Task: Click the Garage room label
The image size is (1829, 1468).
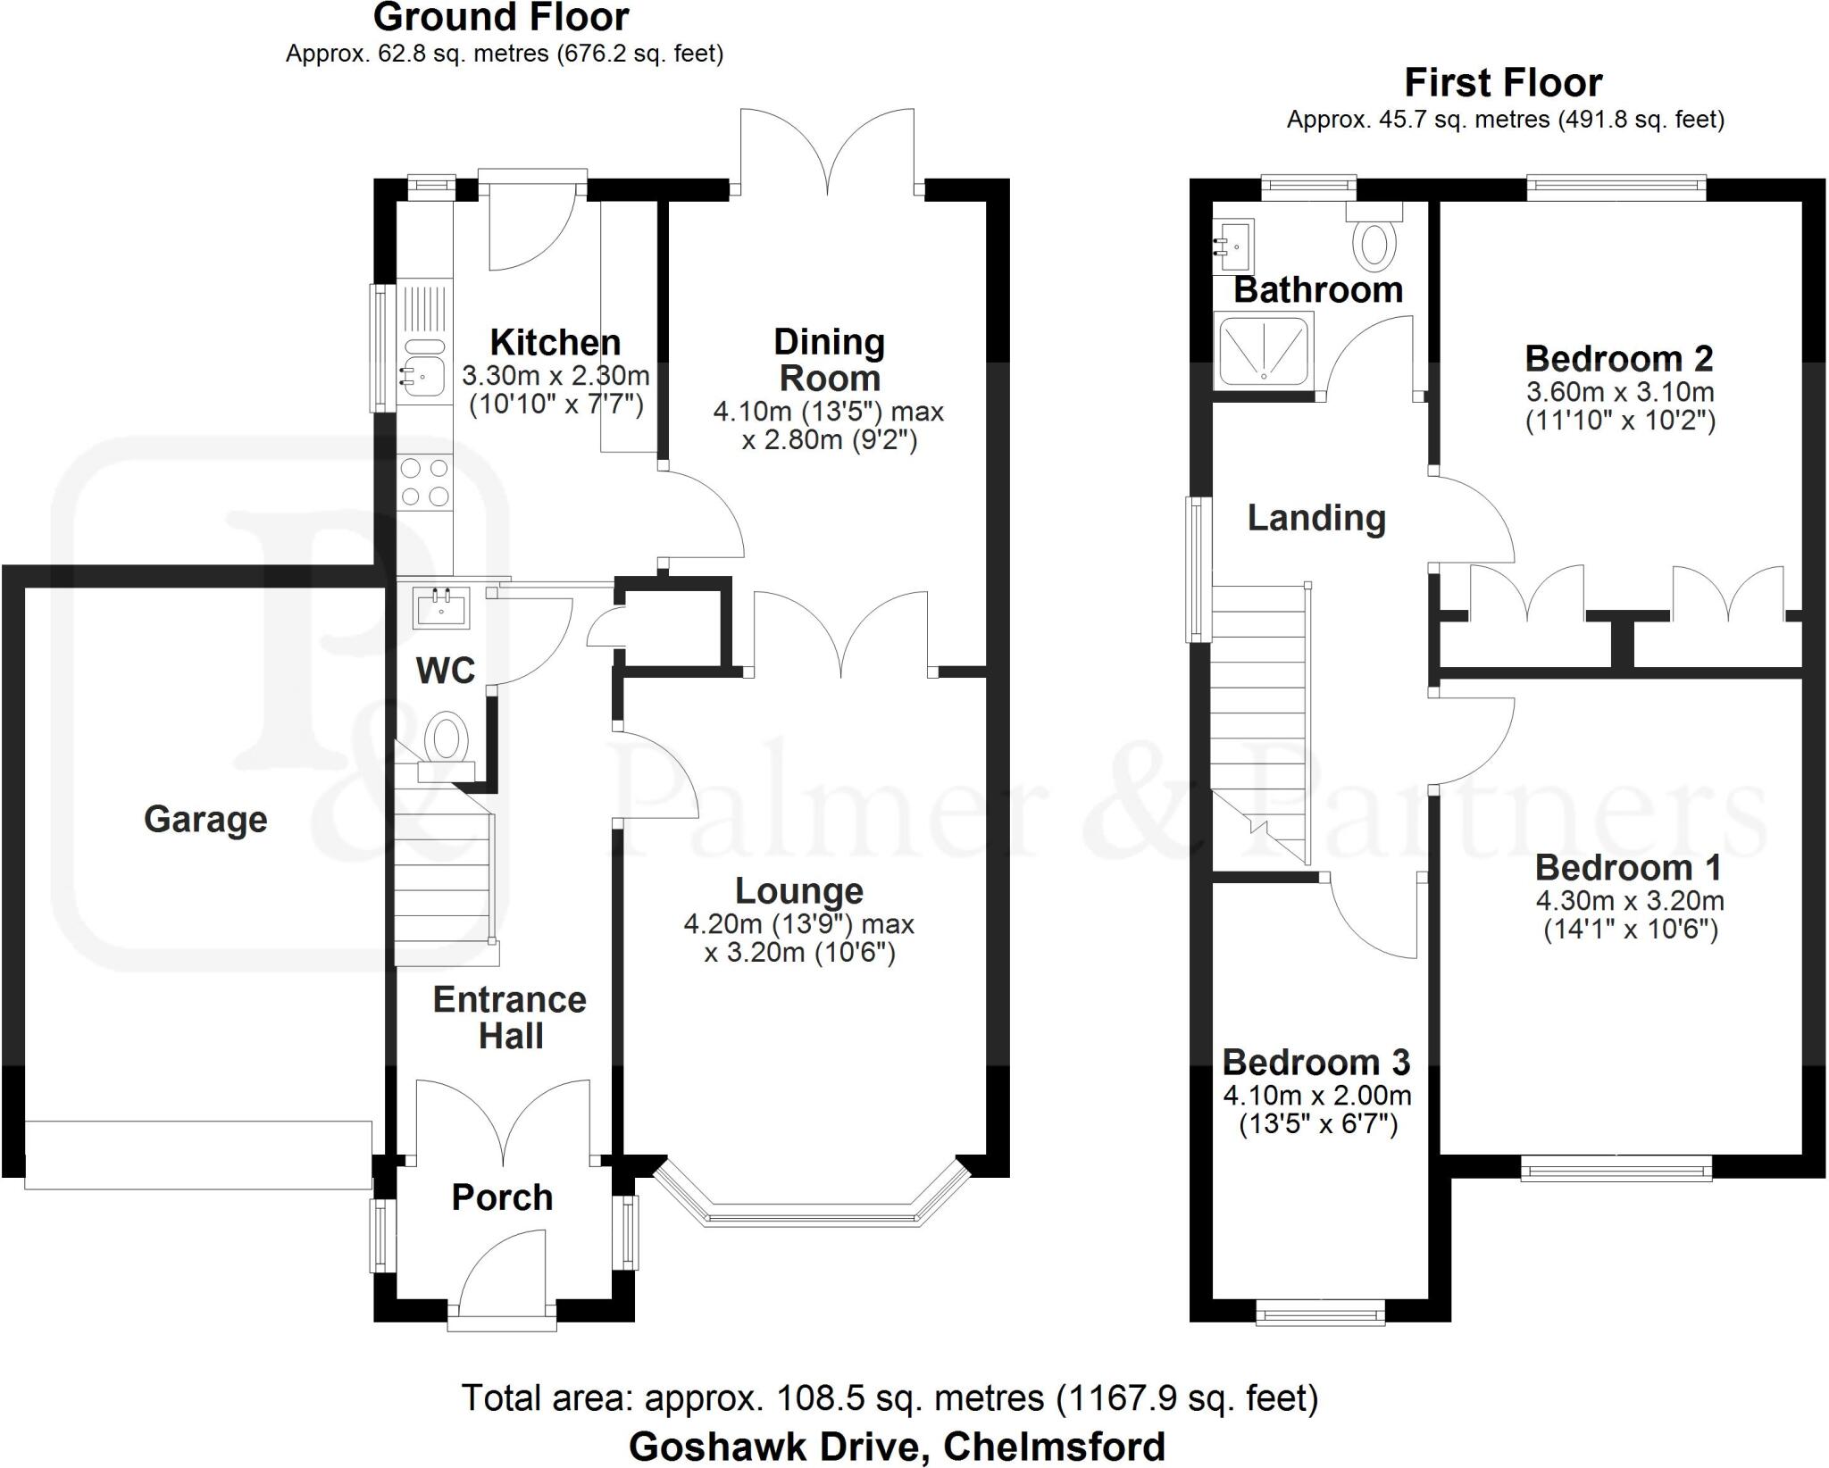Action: point(205,819)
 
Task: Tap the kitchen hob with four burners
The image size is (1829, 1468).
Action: point(425,482)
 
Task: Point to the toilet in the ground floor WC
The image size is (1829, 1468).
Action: point(447,740)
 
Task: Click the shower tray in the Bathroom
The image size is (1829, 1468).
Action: point(1265,351)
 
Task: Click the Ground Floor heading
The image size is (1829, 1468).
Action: point(501,18)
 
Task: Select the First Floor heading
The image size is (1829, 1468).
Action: point(1503,83)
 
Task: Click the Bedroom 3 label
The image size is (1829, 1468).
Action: point(1315,1062)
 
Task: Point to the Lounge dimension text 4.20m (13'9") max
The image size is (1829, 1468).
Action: point(799,924)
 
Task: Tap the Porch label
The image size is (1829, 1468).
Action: point(502,1197)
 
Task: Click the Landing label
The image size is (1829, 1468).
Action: point(1316,518)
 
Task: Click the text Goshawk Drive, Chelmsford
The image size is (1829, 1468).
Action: point(897,1446)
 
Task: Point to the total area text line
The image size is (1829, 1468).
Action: point(889,1397)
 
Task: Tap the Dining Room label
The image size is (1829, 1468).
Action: point(830,360)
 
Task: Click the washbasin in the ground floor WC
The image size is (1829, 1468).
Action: point(441,608)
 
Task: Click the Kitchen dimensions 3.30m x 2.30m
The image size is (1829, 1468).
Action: point(555,375)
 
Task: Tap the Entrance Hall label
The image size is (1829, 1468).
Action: point(510,1017)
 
